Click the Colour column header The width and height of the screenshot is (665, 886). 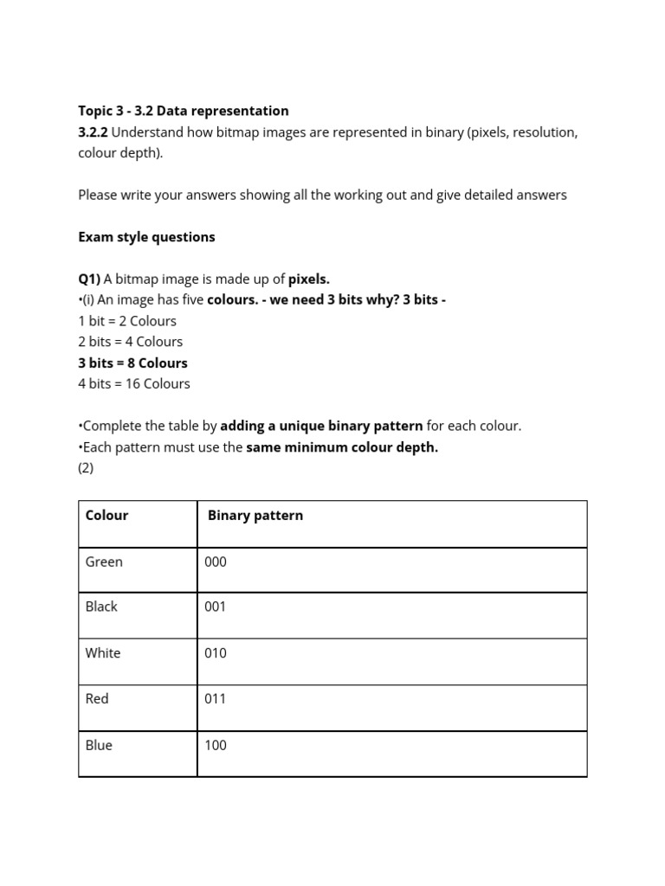click(107, 516)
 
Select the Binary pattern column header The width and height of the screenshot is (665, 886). click(255, 516)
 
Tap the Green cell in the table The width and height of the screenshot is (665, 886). click(104, 562)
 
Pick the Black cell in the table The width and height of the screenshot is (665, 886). click(101, 607)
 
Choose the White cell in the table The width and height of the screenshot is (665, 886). click(103, 653)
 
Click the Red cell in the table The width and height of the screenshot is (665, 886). click(97, 699)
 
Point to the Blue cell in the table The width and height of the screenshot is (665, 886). click(99, 746)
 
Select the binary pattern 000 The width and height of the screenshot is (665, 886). click(216, 562)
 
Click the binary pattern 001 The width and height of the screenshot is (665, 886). click(216, 607)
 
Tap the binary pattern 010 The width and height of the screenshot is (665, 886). click(216, 653)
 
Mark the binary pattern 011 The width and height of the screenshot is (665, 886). click(216, 699)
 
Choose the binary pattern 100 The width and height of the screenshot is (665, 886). click(216, 746)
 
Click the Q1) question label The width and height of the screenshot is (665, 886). click(89, 279)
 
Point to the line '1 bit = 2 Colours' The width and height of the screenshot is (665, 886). click(127, 321)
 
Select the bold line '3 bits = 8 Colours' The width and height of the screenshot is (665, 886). click(132, 363)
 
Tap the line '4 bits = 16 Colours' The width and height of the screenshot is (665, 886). click(134, 384)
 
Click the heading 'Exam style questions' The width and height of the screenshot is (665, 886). click(146, 237)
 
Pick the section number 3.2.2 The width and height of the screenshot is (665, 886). click(93, 132)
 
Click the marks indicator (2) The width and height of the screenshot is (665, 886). click(86, 468)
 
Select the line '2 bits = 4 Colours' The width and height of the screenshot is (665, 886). click(130, 342)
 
